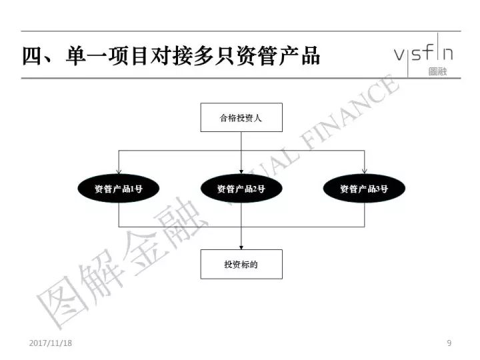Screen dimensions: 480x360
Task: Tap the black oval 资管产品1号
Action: point(119,189)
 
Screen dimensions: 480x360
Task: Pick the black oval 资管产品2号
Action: point(241,189)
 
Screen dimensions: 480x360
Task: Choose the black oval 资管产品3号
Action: point(364,189)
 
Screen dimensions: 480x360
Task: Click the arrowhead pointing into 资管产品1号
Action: point(119,172)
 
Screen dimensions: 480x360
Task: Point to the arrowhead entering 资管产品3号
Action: point(364,172)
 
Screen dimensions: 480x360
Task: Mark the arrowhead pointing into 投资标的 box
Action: point(241,247)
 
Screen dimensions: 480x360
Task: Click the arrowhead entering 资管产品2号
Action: point(241,172)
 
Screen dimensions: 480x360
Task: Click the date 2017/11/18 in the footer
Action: point(51,343)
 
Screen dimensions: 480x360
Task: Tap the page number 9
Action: point(449,343)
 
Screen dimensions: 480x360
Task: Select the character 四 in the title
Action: point(33,56)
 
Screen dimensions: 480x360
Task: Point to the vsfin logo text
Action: point(423,53)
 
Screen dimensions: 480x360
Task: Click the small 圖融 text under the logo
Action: point(438,71)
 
